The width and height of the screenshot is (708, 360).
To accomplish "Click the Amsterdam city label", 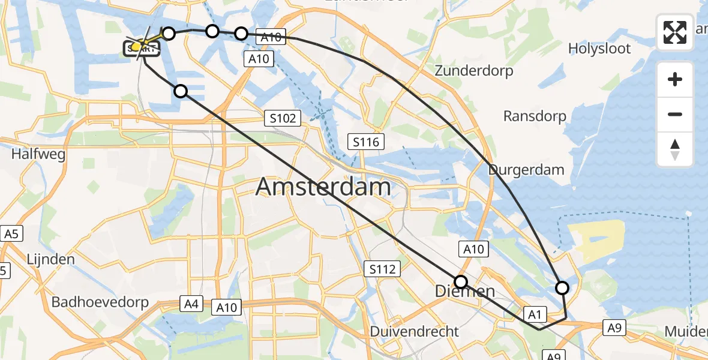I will [x=323, y=187].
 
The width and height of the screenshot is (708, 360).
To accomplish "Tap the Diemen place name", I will [x=465, y=292].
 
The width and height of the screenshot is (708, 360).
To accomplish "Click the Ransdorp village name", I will [x=535, y=116].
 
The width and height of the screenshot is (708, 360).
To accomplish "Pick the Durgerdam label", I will [x=526, y=170].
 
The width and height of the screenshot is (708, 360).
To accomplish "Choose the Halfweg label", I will [x=38, y=154].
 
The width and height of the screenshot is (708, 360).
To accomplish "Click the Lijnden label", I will [x=51, y=260].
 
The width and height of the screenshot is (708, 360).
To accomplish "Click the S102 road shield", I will [x=283, y=118].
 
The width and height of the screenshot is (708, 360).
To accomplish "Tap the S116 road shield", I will [x=365, y=142].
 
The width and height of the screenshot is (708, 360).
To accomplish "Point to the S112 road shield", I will [x=383, y=269].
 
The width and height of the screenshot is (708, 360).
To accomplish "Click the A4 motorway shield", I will [x=191, y=305].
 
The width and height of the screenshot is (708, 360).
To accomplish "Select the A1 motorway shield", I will [x=535, y=313].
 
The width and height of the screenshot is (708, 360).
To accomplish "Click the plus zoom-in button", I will [x=675, y=80].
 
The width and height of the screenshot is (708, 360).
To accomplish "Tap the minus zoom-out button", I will [x=675, y=115].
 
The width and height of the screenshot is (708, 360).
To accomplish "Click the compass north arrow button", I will [x=675, y=149].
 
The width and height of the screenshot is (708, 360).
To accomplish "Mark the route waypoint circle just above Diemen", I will [x=461, y=282].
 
